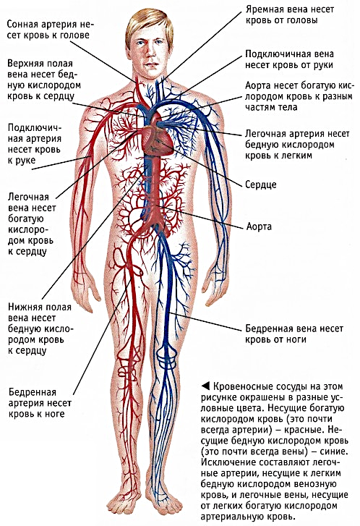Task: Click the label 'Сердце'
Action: click(261, 184)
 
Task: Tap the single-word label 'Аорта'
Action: click(259, 226)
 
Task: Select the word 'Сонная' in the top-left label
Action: click(23, 25)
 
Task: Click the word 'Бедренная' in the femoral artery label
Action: click(33, 392)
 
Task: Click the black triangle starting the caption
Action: click(205, 386)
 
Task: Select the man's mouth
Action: click(151, 64)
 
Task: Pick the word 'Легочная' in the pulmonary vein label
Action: click(28, 197)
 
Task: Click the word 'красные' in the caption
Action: click(304, 430)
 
